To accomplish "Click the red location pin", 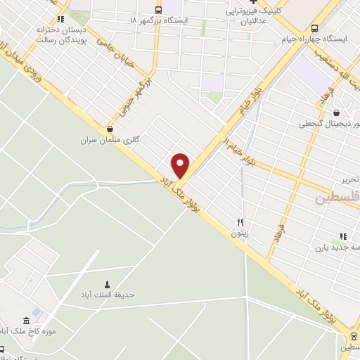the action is point(181,165).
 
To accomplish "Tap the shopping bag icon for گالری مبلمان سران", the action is point(110,129).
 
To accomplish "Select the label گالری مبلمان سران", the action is point(110,140).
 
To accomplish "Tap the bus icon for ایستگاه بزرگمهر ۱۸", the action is point(158,10).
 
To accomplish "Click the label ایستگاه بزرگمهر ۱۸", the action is point(159,21).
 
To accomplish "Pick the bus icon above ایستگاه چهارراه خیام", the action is point(314,28).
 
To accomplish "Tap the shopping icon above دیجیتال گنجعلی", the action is point(336,112).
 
